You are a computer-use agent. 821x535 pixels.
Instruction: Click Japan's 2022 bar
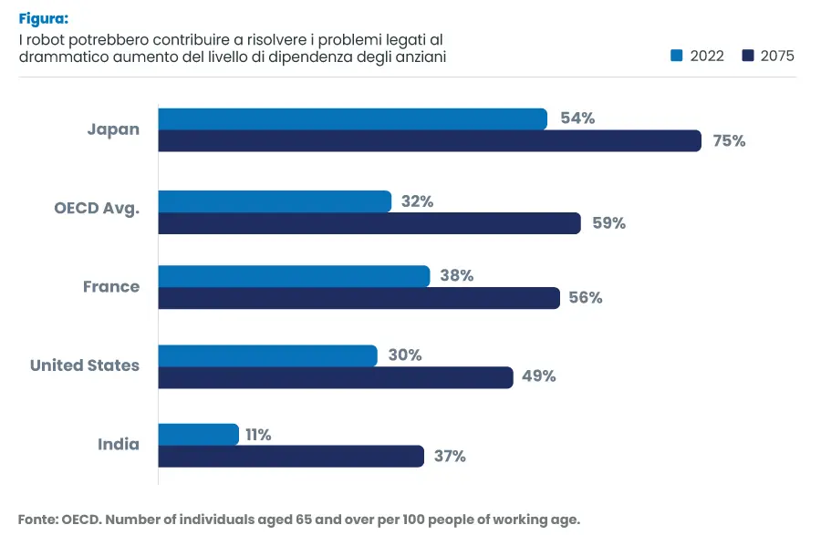tap(352, 118)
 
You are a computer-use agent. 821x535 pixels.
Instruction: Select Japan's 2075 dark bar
tap(429, 141)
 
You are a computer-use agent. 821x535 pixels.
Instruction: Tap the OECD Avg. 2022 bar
tap(275, 201)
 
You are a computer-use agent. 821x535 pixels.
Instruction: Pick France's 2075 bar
tap(359, 298)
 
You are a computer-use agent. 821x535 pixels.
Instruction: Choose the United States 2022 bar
tap(267, 355)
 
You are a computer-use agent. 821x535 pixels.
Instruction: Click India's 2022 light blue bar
tap(198, 435)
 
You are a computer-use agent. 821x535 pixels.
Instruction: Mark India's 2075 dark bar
tap(291, 457)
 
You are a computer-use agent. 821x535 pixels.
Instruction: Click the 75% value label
tap(729, 141)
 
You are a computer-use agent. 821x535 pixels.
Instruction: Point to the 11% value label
tap(258, 435)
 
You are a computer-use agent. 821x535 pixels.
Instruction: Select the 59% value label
tap(608, 223)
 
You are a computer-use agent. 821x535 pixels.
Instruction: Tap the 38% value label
tap(456, 276)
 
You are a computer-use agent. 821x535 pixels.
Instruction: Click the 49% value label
tap(538, 376)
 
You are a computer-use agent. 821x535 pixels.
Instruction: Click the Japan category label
tap(113, 129)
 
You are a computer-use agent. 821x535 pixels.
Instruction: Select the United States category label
tap(85, 365)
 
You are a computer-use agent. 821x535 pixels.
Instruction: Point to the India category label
tap(119, 445)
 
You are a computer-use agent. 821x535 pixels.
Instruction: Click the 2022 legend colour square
tap(676, 56)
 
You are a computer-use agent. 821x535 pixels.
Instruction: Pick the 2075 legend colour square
tap(748, 56)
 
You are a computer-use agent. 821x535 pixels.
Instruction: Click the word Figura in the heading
tap(42, 18)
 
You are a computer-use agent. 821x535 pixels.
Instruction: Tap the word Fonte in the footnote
tap(37, 520)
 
